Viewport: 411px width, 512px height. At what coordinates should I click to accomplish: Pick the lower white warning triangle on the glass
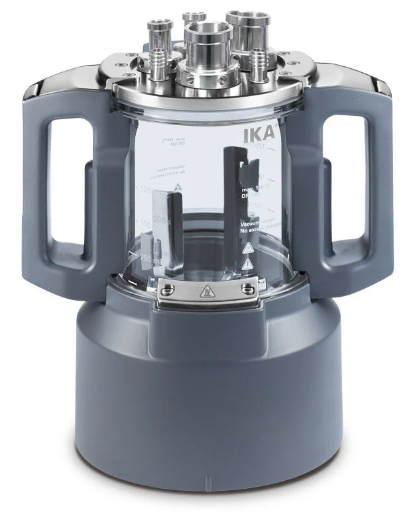coord(248,264)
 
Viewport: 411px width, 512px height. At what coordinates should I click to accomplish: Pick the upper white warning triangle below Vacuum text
coord(249,248)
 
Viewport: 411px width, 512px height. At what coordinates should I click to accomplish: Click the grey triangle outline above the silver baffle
coord(178,189)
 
